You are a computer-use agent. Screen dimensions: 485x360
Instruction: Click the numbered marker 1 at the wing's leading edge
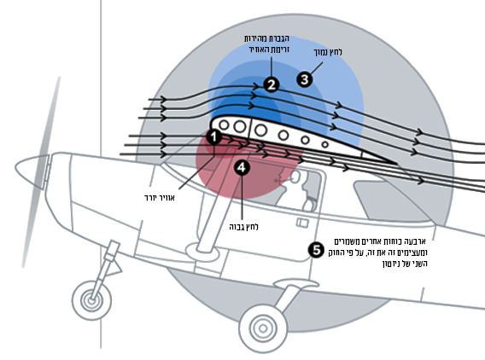coord(214,136)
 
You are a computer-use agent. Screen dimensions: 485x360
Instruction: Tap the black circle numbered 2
coord(272,84)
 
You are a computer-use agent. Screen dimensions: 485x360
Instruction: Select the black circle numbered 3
coord(305,79)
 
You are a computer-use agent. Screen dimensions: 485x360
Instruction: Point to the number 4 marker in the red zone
coord(242,167)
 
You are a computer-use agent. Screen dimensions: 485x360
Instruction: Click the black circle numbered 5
coord(316,250)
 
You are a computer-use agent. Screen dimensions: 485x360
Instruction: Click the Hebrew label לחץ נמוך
coord(328,52)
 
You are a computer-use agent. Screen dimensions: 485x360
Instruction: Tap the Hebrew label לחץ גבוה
coord(243,227)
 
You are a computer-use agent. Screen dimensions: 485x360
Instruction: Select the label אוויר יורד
coord(160,198)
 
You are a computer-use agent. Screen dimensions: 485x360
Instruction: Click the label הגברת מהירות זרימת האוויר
coord(266,44)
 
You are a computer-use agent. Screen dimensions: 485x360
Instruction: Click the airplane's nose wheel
coord(92,300)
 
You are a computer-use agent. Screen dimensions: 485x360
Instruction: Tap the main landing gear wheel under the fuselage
coord(263,328)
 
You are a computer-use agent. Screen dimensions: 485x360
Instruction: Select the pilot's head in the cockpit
coord(295,177)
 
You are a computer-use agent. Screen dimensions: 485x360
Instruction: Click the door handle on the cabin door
coord(302,223)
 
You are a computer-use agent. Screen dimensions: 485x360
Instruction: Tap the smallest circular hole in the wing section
coord(324,144)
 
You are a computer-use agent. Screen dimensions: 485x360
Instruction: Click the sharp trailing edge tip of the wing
coord(397,163)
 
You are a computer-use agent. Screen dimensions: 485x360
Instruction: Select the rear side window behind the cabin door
coord(393,200)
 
